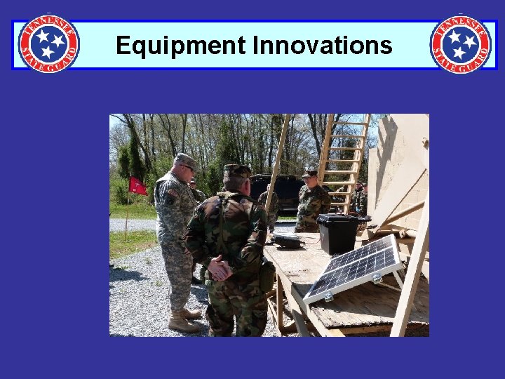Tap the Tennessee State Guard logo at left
[48, 44]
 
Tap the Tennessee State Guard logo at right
[460, 44]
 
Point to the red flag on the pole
[137, 186]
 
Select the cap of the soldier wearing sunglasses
[186, 160]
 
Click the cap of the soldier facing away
[236, 171]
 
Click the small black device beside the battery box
[288, 241]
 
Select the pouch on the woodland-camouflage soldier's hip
[267, 276]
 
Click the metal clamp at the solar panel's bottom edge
[376, 279]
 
